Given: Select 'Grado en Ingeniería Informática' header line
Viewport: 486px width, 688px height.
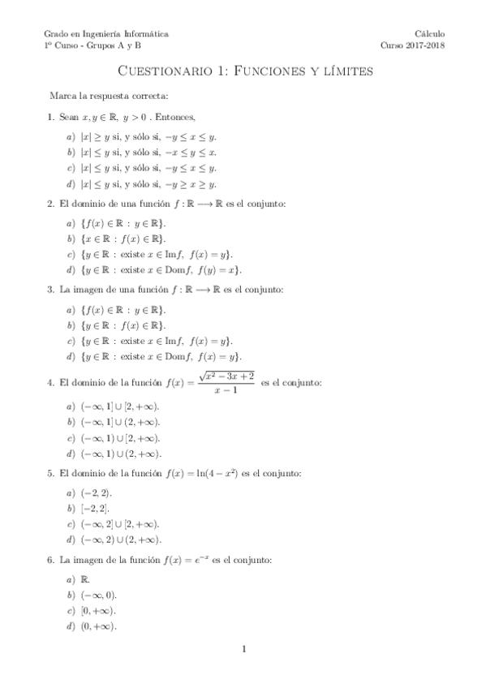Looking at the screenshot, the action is [x=106, y=34].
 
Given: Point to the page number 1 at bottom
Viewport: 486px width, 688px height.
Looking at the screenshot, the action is [x=243, y=649].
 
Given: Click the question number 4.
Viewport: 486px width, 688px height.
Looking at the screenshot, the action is [x=50, y=381].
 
